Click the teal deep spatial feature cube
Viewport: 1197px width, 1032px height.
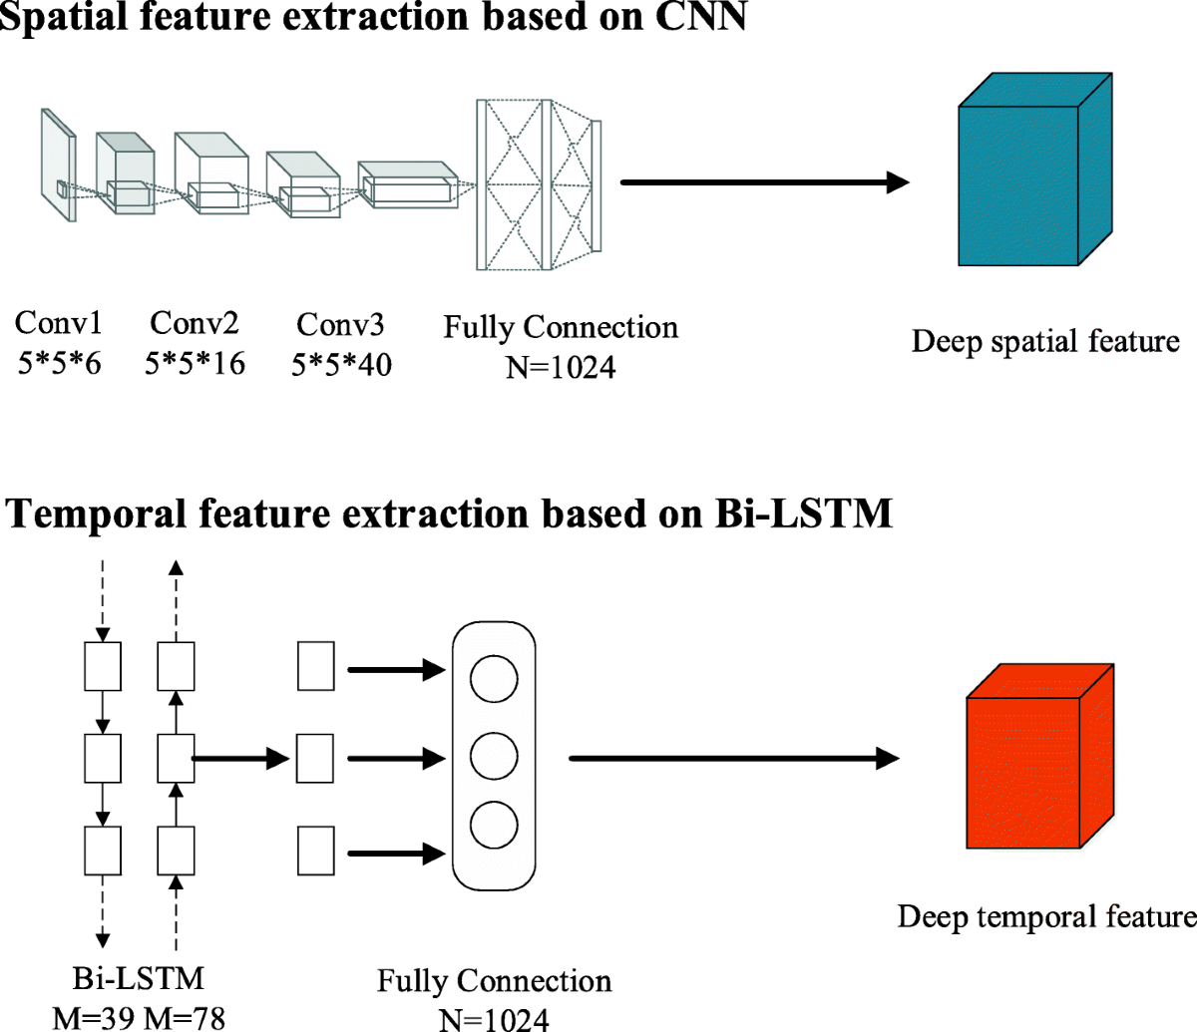(1034, 170)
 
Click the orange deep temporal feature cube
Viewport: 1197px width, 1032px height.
(1040, 756)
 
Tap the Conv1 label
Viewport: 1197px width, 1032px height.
(59, 322)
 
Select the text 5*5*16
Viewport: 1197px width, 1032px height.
(195, 364)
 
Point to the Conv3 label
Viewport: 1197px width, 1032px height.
(340, 324)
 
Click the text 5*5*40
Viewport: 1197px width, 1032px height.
(341, 365)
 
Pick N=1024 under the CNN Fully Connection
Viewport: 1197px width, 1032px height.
(561, 367)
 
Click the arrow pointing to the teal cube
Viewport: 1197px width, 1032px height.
(764, 182)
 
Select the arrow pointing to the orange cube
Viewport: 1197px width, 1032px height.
(734, 758)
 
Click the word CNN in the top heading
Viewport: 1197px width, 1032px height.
(700, 16)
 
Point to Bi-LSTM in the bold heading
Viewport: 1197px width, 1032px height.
(804, 513)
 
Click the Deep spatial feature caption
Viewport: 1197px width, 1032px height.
(1045, 341)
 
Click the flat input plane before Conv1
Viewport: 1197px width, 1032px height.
(59, 165)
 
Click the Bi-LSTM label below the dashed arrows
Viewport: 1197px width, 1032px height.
(139, 978)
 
